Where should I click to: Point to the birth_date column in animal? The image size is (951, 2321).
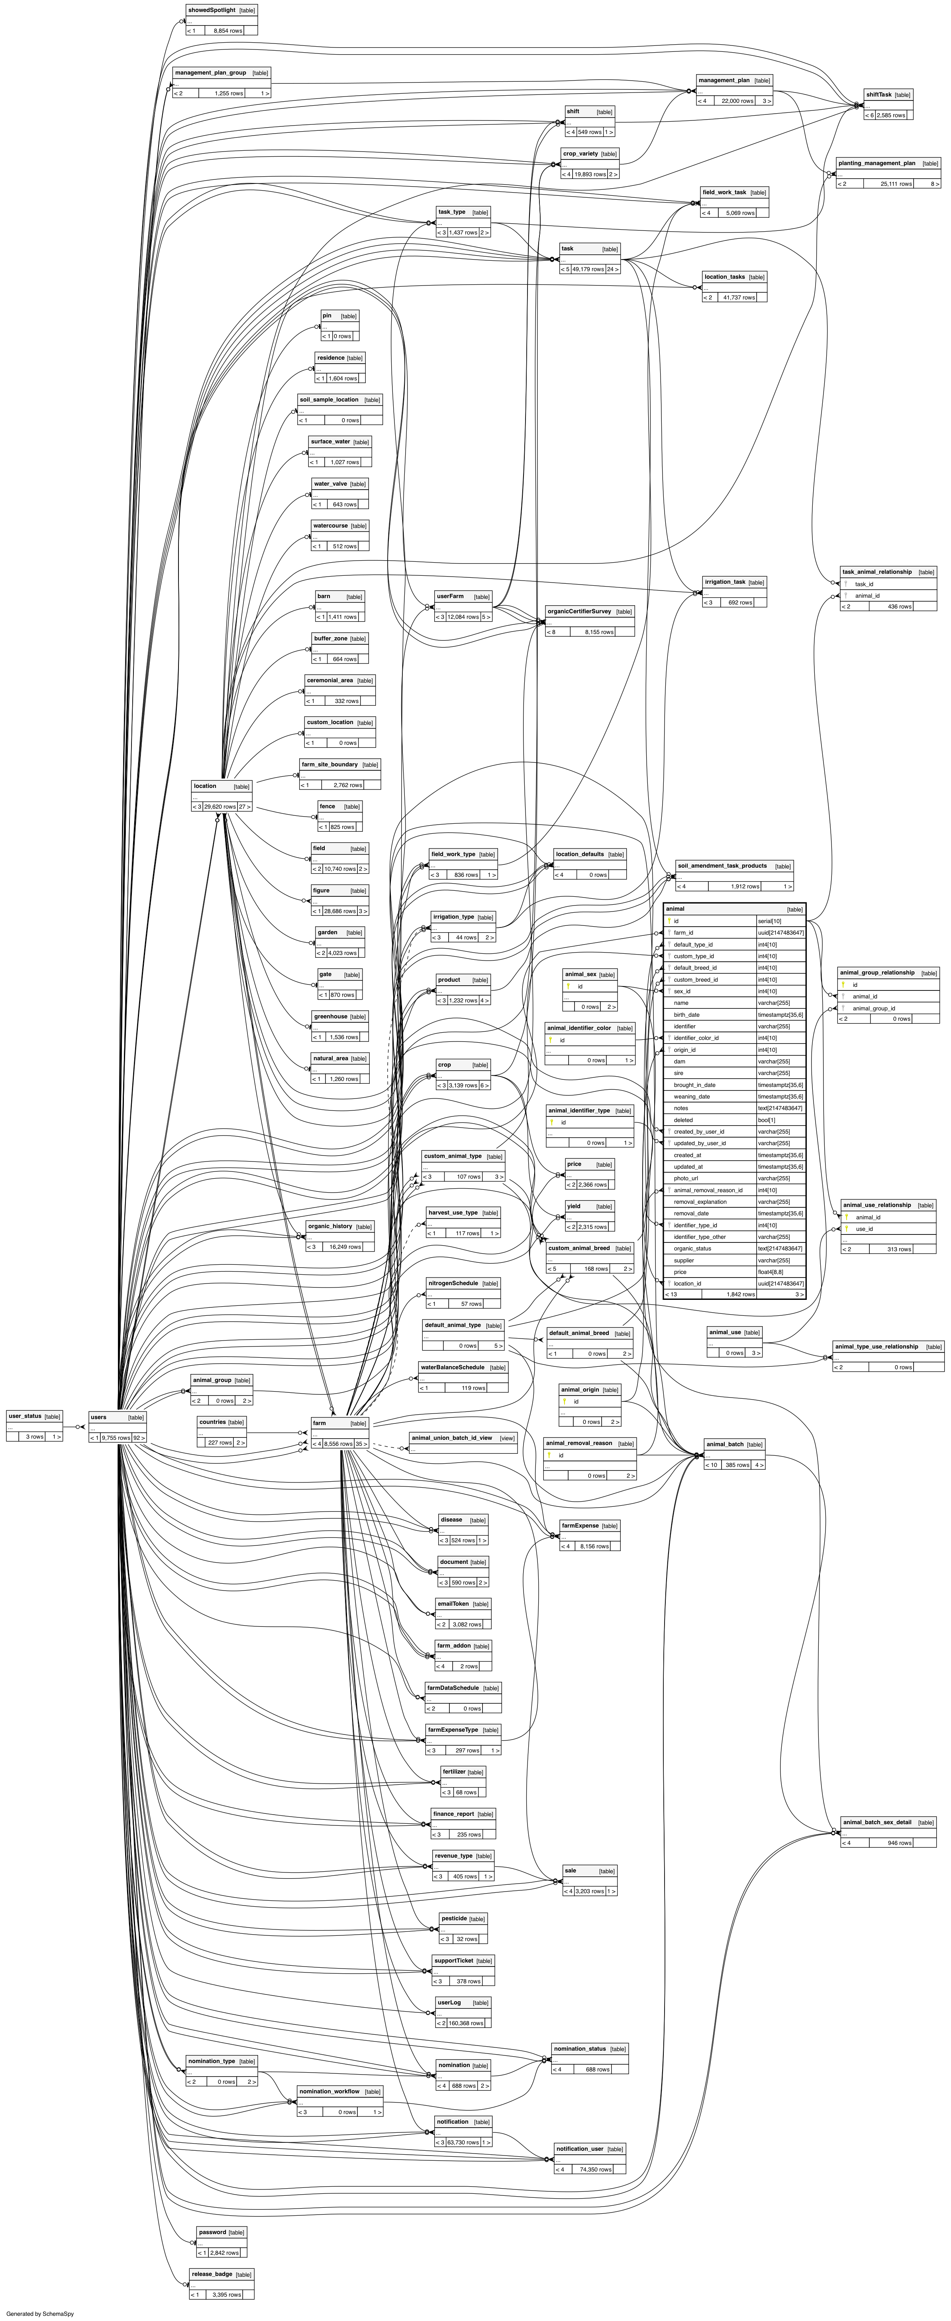[x=686, y=1014]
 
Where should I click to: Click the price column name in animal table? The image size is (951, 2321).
[x=680, y=1271]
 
